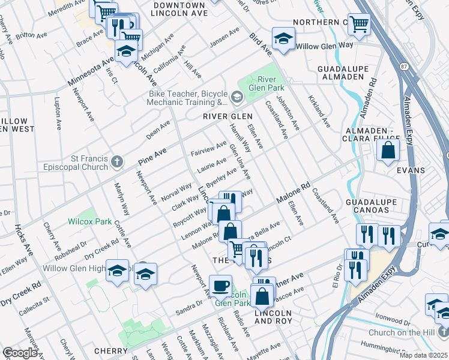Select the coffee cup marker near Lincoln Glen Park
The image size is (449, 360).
[x=220, y=285]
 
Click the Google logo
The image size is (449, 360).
[x=20, y=353]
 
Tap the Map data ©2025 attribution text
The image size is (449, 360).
[x=423, y=355]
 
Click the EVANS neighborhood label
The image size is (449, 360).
[x=411, y=170]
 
